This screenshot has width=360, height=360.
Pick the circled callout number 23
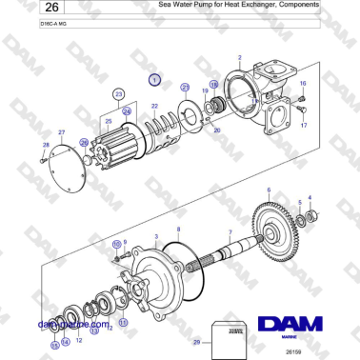(x=119, y=94)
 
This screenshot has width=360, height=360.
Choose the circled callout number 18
(x=214, y=84)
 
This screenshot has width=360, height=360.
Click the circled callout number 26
(x=85, y=142)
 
